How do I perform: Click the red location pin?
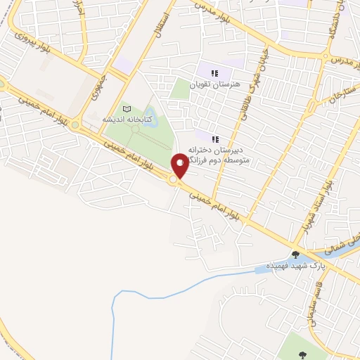pos(180,165)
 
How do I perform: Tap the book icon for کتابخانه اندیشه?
pos(127,109)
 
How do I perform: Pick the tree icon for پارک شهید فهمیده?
pos(296,255)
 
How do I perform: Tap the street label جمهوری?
pos(98,84)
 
